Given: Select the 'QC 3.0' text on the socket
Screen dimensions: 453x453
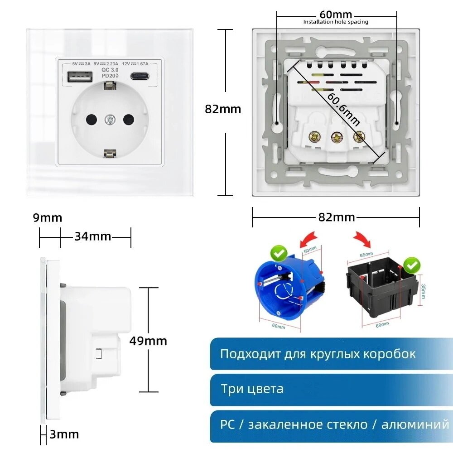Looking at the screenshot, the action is (110, 70).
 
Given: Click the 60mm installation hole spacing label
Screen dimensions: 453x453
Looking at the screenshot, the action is (336, 15).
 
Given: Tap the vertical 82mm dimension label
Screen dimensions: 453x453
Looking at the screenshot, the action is (223, 109).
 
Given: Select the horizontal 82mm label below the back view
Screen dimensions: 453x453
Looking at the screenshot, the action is (337, 217).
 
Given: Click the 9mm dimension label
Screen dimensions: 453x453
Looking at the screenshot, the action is (48, 218).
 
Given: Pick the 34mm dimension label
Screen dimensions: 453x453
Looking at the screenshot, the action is (92, 236).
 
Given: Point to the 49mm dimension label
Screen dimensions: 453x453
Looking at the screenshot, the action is (148, 341).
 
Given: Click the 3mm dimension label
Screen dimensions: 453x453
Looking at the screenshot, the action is (64, 435).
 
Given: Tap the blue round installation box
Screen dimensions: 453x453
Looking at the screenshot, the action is (285, 292).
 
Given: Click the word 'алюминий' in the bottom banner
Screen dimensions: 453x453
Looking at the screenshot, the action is (415, 424).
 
